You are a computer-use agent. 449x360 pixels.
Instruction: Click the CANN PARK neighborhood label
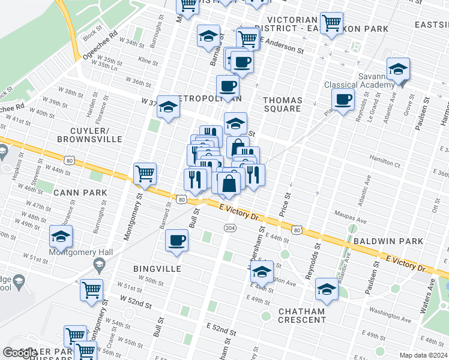(80, 193)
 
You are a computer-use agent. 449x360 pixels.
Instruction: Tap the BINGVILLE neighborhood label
(157, 269)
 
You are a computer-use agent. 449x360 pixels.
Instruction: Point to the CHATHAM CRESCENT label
(301, 316)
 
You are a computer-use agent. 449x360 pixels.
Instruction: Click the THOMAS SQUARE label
(282, 104)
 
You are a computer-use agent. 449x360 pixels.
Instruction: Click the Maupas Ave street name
(352, 221)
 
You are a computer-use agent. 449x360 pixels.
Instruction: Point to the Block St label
(91, 35)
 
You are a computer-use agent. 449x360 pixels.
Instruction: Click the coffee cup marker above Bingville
(177, 241)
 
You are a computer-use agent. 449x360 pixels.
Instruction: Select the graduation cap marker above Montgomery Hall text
(61, 237)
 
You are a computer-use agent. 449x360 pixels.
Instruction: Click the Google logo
(20, 353)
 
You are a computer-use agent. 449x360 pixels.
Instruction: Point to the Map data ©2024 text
(424, 355)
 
